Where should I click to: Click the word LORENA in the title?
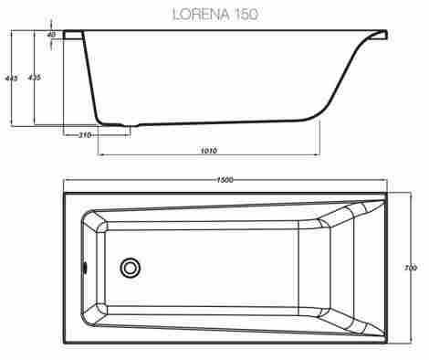pos(201,15)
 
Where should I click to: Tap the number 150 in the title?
pos(246,15)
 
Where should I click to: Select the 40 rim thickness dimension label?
pos(51,35)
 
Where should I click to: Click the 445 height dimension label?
pos(12,79)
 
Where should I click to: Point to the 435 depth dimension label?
pos(34,78)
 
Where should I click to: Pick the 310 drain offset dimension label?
pos(85,134)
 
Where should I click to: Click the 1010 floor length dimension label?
pos(209,151)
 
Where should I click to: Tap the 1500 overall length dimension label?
pos(225,180)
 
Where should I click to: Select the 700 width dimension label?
pos(411,268)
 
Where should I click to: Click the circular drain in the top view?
pos(131,268)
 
